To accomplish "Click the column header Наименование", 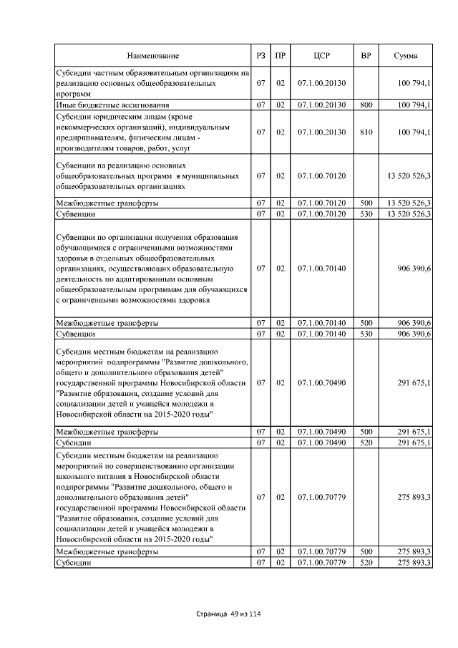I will point(153,56).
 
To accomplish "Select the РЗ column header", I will point(260,56).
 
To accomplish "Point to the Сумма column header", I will point(406,56).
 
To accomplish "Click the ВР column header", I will point(366,56).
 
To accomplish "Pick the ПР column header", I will point(281,56).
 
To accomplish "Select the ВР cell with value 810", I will point(366,132).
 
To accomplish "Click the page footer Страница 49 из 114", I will point(228,614).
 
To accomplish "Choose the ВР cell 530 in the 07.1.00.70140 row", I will point(366,334).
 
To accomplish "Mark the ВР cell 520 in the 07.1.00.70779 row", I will point(366,564).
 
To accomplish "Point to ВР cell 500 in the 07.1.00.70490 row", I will point(366,432).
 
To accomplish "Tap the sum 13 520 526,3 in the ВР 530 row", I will point(409,214).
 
